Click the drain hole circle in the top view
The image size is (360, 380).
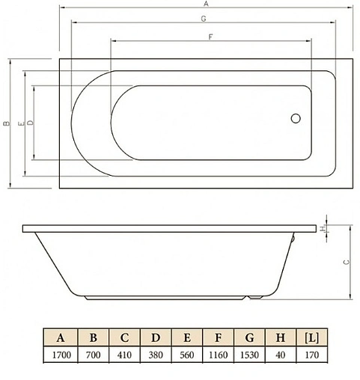point(295,117)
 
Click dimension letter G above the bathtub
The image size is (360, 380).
point(203,20)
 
